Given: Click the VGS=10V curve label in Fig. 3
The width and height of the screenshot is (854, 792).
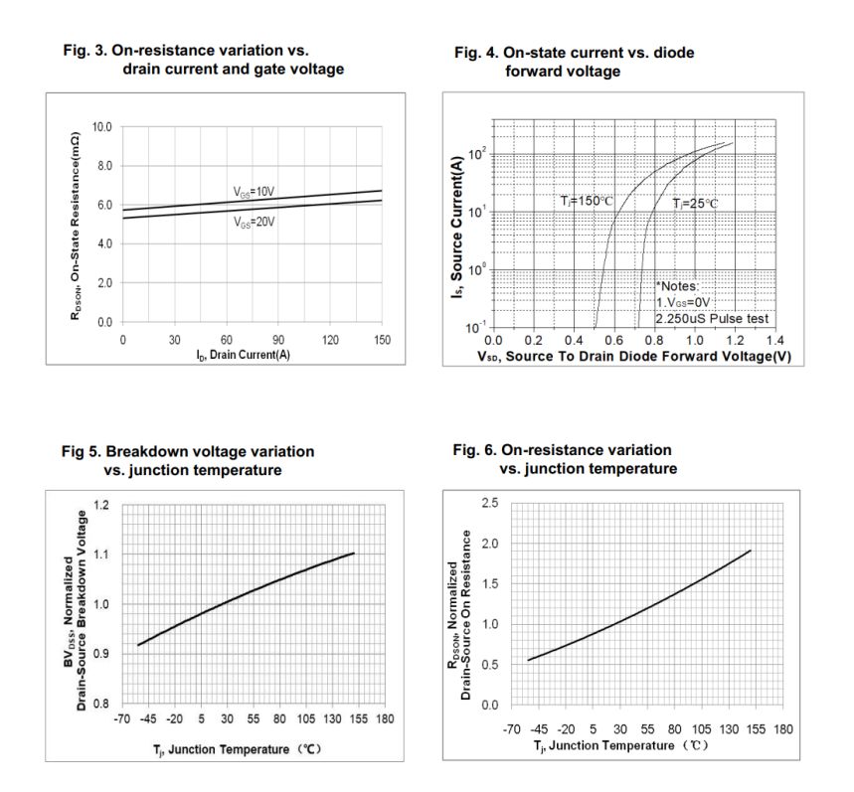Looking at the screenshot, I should (253, 191).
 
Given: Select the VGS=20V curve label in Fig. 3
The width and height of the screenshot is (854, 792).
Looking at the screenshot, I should (254, 223).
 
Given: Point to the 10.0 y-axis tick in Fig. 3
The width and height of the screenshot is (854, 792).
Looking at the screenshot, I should (102, 127).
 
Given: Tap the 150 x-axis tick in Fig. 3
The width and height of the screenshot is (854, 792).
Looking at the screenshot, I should (381, 339).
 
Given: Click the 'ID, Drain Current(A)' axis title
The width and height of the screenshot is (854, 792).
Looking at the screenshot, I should (242, 356).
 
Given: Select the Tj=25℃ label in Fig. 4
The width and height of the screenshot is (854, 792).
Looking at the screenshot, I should (694, 204).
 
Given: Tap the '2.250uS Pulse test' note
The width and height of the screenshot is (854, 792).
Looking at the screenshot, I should (713, 319).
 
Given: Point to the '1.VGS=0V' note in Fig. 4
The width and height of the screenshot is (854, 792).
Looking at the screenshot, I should (686, 302).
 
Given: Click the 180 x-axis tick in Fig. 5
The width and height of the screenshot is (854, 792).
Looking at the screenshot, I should (385, 719).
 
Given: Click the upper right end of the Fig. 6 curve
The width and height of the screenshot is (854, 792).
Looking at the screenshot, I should (751, 551).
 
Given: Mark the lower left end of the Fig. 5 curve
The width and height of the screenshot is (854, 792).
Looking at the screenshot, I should (137, 645).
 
